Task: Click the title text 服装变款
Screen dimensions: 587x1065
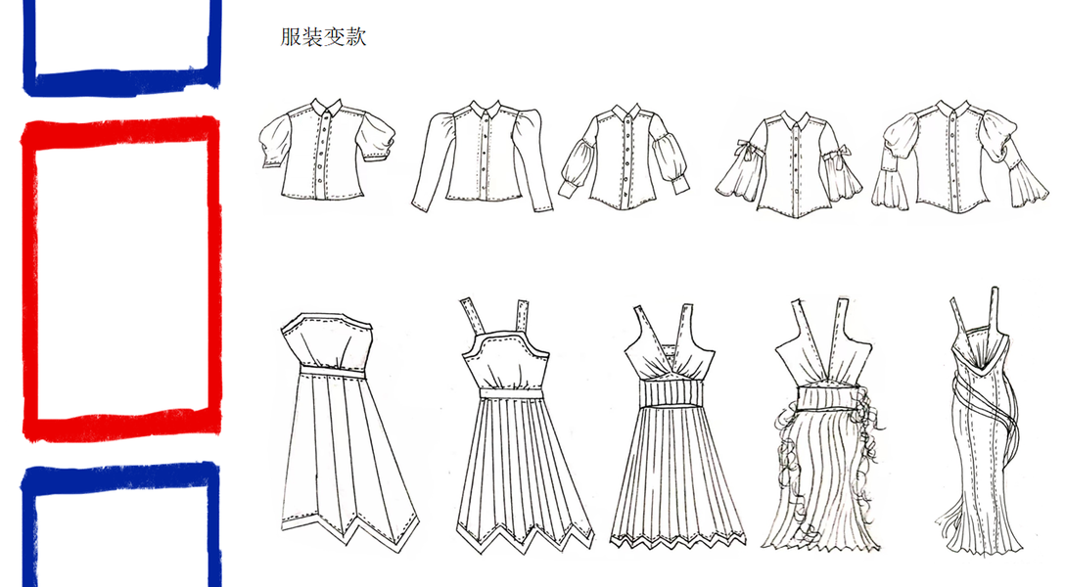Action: click(323, 38)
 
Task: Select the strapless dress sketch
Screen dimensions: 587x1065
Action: click(342, 430)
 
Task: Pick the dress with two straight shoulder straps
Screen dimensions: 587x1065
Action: click(519, 430)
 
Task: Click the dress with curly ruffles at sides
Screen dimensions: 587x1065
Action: click(828, 430)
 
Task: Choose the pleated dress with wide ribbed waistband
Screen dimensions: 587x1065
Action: click(675, 430)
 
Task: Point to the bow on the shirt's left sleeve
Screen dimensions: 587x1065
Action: click(744, 149)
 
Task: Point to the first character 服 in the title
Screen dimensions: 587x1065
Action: click(291, 38)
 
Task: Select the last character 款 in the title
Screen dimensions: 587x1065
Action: click(356, 38)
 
